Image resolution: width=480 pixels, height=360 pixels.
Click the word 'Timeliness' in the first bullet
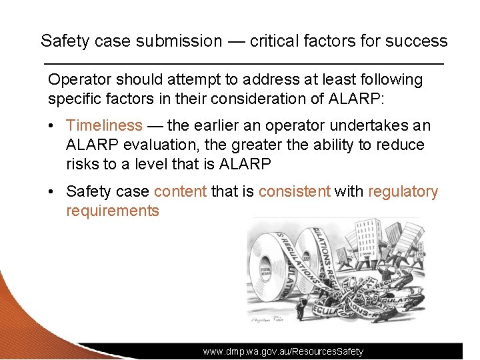[x=104, y=125]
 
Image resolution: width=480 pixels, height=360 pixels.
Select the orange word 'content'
[x=180, y=192]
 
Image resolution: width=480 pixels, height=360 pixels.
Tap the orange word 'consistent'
[x=294, y=192]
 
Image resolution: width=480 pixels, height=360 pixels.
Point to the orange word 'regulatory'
[x=403, y=192]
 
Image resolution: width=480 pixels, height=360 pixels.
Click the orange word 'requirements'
[x=112, y=211]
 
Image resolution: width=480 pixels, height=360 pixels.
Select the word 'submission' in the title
[x=179, y=41]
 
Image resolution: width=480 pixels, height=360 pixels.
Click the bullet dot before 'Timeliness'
[x=55, y=126]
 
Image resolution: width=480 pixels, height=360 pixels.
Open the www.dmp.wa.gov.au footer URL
[x=283, y=351]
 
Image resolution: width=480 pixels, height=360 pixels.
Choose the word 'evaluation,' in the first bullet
[x=149, y=145]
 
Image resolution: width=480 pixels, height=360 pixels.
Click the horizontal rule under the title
[x=243, y=63]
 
